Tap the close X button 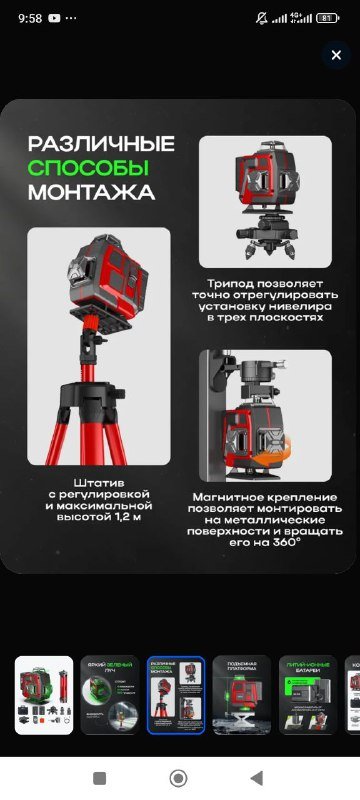point(336,56)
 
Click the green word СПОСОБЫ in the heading point(88,167)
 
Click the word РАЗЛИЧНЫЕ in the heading point(101,143)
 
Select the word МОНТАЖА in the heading point(91,191)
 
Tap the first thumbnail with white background point(44,695)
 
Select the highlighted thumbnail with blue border point(176,695)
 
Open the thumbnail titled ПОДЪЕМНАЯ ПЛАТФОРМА point(242,695)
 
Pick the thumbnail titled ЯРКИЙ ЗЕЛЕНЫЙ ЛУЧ point(110,695)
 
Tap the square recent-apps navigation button point(99,778)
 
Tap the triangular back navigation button point(257,778)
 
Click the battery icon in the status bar point(326,18)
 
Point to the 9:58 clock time point(30,18)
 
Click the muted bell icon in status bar point(262,18)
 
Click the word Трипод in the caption point(226,284)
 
